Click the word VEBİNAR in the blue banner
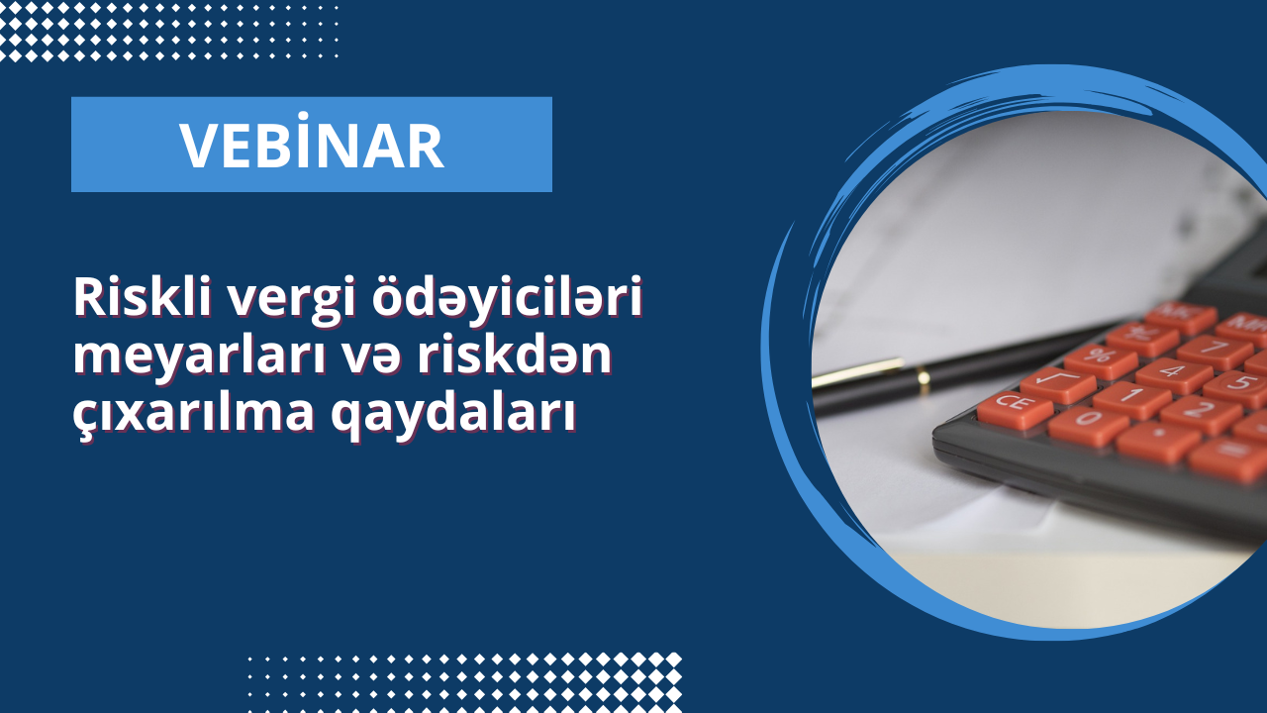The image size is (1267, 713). tap(311, 146)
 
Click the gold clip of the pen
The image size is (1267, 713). tap(859, 369)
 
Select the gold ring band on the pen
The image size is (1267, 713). tap(924, 376)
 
